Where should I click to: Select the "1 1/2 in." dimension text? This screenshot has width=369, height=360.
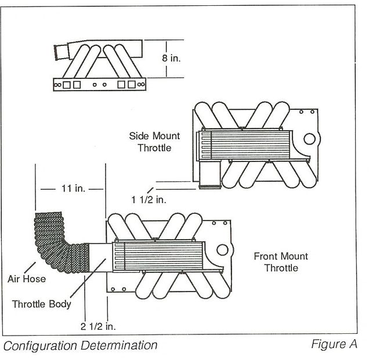pyautogui.click(x=148, y=200)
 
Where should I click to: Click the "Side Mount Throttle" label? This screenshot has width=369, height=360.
pyautogui.click(x=154, y=142)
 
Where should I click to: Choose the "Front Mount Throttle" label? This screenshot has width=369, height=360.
pyautogui.click(x=281, y=262)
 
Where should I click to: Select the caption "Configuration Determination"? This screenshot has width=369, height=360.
pyautogui.click(x=81, y=345)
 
